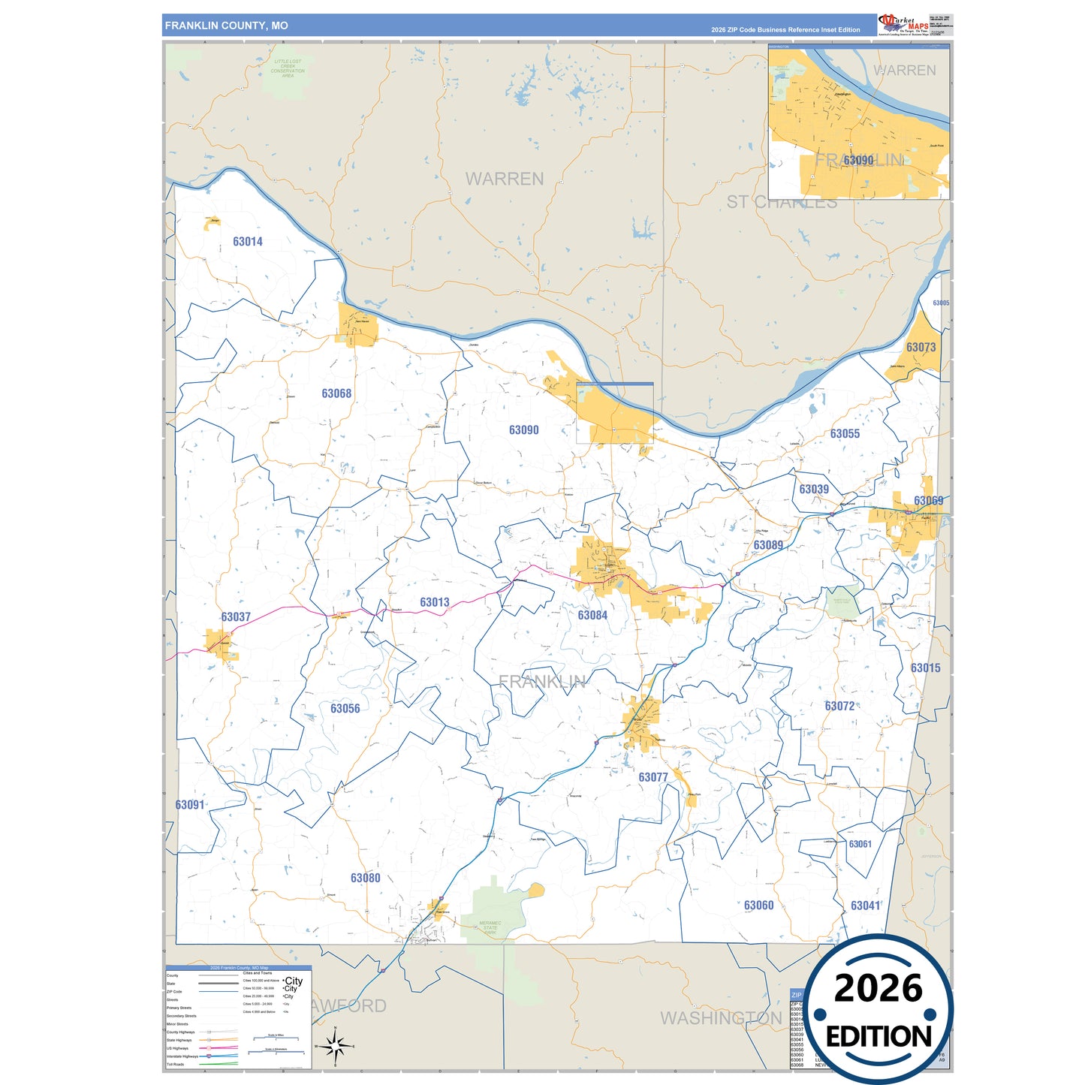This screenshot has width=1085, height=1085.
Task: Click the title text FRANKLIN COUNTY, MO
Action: pyautogui.click(x=226, y=26)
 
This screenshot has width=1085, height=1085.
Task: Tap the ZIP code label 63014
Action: pyautogui.click(x=247, y=242)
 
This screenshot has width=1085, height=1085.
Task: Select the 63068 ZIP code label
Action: pyautogui.click(x=336, y=393)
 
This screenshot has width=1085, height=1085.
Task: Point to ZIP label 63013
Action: pyautogui.click(x=434, y=602)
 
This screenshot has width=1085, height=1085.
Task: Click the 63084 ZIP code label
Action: pyautogui.click(x=592, y=616)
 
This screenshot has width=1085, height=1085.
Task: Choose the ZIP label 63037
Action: pyautogui.click(x=235, y=617)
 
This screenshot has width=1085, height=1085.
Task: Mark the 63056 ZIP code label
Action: pyautogui.click(x=345, y=709)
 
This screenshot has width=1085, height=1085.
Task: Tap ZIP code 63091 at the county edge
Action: pyautogui.click(x=189, y=805)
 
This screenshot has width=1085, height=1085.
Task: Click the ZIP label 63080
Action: pyautogui.click(x=365, y=878)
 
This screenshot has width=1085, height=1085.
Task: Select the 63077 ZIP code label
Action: pyautogui.click(x=653, y=777)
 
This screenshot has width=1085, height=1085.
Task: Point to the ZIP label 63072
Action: pyautogui.click(x=839, y=706)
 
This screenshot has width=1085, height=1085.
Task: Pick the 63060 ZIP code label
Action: pyautogui.click(x=758, y=906)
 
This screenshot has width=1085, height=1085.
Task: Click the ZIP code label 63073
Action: pyautogui.click(x=921, y=347)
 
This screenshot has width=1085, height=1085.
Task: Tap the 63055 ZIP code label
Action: pyautogui.click(x=845, y=434)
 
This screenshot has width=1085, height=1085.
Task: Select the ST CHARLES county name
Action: pyautogui.click(x=781, y=203)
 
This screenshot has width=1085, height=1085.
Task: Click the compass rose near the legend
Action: pyautogui.click(x=336, y=1045)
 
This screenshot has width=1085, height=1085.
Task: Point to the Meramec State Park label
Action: pyautogui.click(x=490, y=927)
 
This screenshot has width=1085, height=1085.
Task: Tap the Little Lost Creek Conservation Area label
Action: pyautogui.click(x=288, y=68)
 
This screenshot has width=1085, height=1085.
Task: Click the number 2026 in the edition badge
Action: pyautogui.click(x=878, y=988)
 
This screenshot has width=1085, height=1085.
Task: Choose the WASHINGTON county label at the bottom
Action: pyautogui.click(x=721, y=1018)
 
